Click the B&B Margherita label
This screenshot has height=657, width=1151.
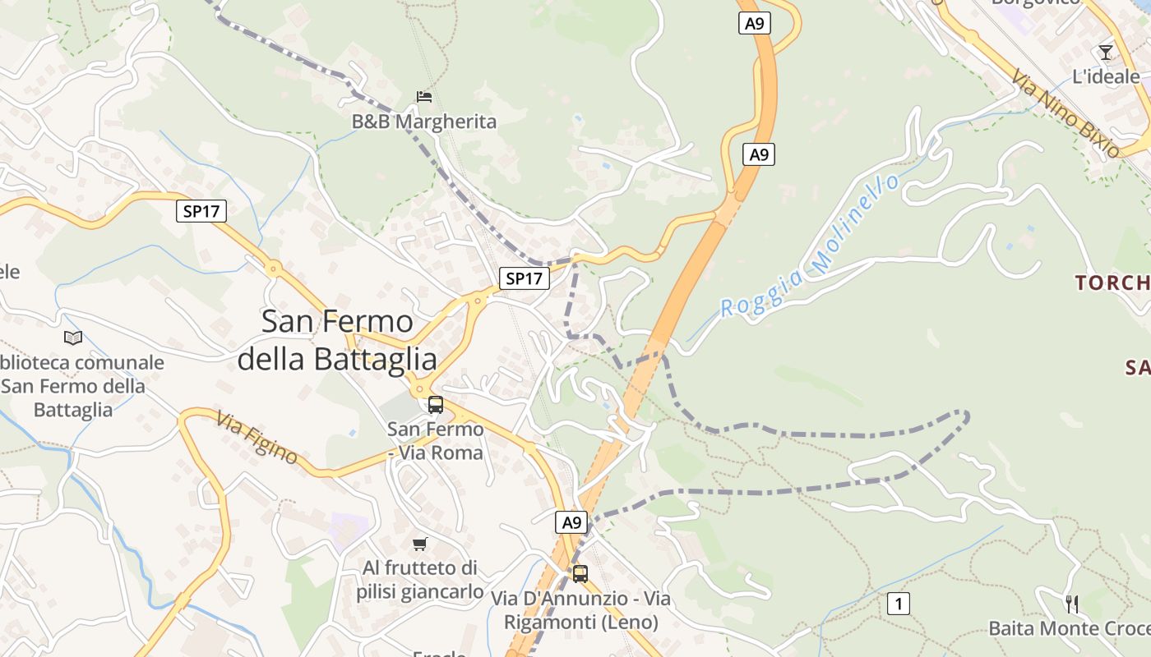[x=424, y=122]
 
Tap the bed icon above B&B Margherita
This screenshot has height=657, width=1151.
[x=424, y=97]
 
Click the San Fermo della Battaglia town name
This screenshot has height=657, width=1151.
[x=337, y=340]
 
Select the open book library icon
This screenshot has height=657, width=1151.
[x=73, y=338]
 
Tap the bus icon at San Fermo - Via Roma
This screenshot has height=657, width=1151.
[x=436, y=405]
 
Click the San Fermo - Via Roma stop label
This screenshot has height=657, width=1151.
[x=436, y=441]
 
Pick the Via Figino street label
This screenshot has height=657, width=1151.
[x=257, y=438]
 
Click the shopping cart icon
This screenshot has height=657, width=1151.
[x=420, y=544]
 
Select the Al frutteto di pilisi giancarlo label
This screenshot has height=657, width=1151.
[x=420, y=580]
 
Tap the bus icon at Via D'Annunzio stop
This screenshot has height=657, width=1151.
[x=580, y=574]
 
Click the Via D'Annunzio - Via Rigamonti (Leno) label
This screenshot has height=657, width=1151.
[x=581, y=611]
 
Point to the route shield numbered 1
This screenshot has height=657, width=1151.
[x=899, y=604]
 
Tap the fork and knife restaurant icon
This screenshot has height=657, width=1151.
[x=1072, y=604]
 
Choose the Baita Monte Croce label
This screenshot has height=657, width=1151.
[x=1069, y=628]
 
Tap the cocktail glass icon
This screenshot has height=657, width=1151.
[x=1106, y=53]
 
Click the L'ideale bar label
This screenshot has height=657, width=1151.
[x=1106, y=77]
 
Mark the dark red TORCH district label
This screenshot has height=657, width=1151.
[x=1112, y=283]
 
